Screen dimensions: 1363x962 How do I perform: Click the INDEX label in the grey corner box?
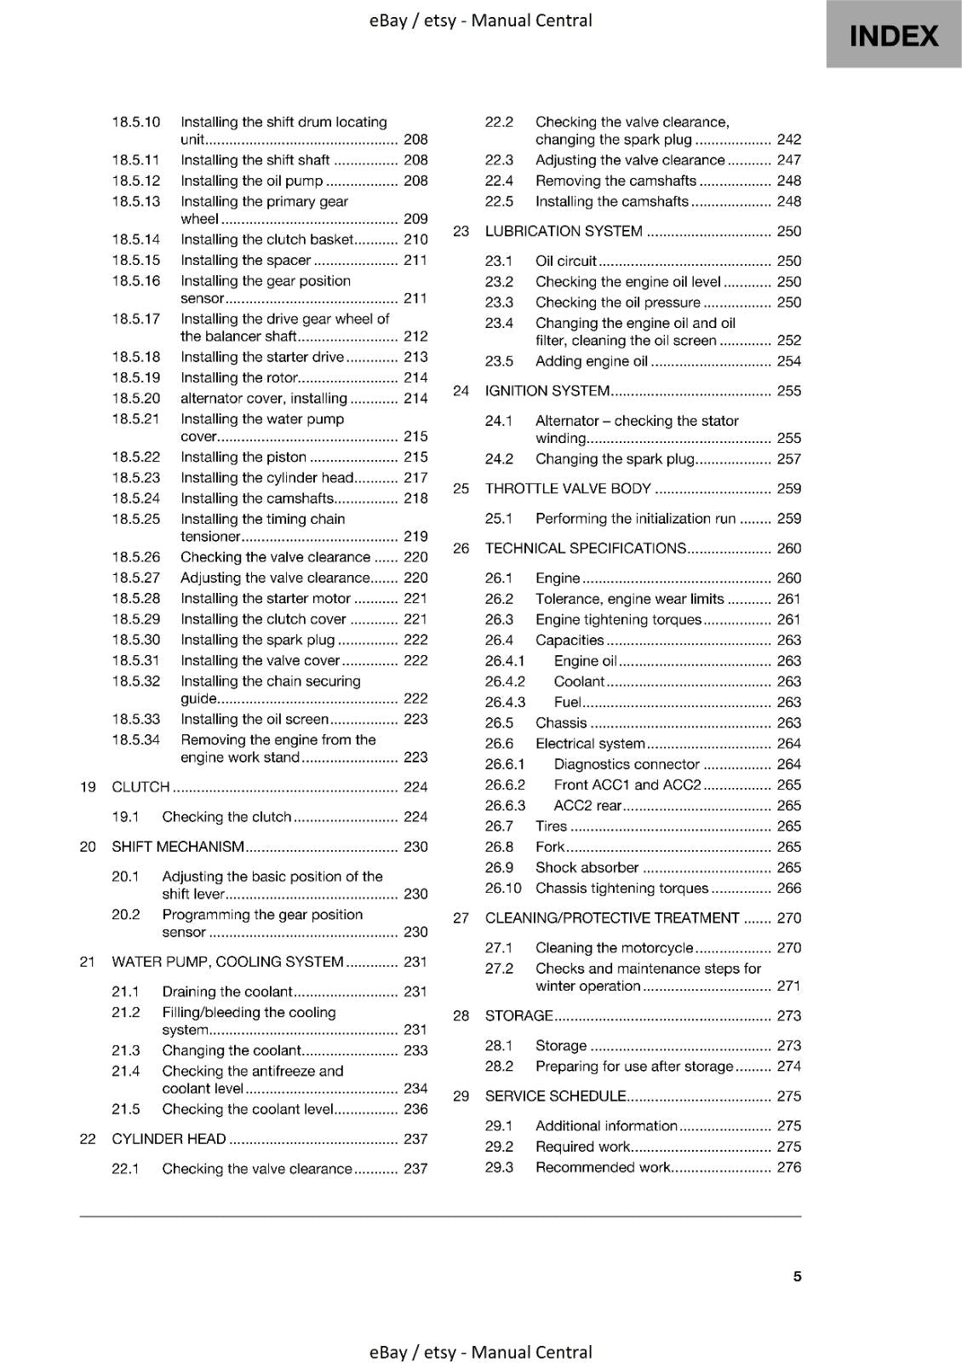[x=894, y=36]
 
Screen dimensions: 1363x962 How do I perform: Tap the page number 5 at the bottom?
[x=797, y=1276]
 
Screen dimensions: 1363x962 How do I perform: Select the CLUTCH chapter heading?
[x=141, y=787]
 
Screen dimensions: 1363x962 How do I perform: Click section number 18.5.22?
[x=136, y=457]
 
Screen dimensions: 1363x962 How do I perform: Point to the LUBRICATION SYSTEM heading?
[x=564, y=232]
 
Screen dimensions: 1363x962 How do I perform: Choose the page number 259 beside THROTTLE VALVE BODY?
[x=789, y=489]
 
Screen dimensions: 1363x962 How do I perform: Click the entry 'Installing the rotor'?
[x=239, y=378]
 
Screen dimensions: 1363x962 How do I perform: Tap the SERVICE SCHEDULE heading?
[x=555, y=1096]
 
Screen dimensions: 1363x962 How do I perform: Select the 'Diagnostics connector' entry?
[x=627, y=765]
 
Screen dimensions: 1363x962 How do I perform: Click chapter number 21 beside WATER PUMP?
[x=87, y=962]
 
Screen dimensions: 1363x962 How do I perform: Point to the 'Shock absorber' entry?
[x=587, y=868]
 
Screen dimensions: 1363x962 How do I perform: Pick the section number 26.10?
[x=503, y=889]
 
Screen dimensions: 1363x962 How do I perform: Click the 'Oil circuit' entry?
[x=565, y=262]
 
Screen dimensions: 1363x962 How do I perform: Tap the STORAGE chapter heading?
[x=518, y=1016]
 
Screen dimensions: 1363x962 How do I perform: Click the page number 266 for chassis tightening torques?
[x=789, y=889]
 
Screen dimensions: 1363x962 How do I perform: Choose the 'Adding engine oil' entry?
[x=592, y=362]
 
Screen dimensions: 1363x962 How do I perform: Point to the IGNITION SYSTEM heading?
[x=547, y=391]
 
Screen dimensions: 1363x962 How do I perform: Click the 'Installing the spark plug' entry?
[x=258, y=641]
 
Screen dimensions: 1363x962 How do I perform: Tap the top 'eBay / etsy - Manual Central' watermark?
[x=481, y=20]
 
